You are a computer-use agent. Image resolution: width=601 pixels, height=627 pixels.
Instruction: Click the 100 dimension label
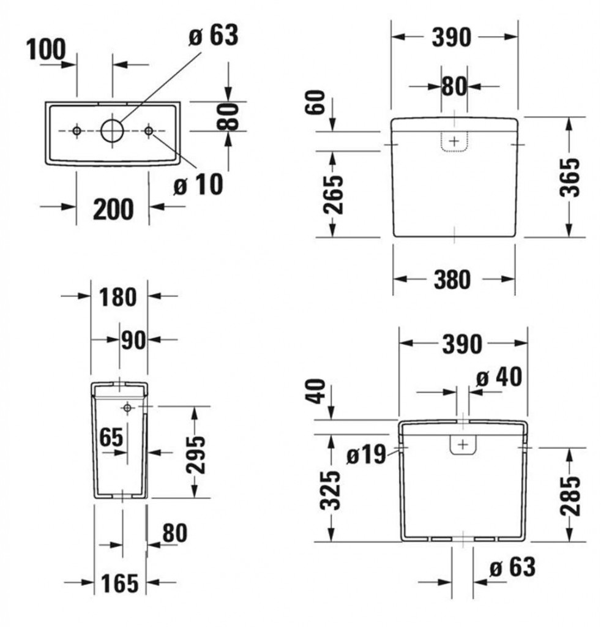pyautogui.click(x=46, y=50)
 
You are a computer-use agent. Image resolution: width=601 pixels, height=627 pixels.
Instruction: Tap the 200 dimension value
pyautogui.click(x=113, y=209)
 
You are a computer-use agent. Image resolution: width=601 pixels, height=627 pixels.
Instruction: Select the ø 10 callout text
pyautogui.click(x=199, y=184)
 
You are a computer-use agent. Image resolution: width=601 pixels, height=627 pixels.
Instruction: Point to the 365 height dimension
pyautogui.click(x=569, y=177)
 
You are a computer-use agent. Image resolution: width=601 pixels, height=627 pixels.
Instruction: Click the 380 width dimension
pyautogui.click(x=452, y=279)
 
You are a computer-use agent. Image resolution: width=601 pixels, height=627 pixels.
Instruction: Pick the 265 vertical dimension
pyautogui.click(x=333, y=195)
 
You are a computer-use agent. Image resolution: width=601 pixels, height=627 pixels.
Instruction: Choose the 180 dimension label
pyautogui.click(x=118, y=297)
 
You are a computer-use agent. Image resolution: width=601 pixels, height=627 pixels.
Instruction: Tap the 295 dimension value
pyautogui.click(x=196, y=455)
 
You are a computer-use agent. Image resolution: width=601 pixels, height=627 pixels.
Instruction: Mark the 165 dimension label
pyautogui.click(x=119, y=583)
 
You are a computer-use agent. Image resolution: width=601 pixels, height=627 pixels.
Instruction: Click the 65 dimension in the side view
pyautogui.click(x=111, y=437)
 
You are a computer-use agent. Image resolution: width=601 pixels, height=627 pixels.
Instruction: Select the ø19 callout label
pyautogui.click(x=366, y=455)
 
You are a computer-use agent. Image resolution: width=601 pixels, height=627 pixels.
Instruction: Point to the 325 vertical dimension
pyautogui.click(x=330, y=490)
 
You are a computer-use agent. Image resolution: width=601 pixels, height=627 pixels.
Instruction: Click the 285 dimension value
pyautogui.click(x=570, y=495)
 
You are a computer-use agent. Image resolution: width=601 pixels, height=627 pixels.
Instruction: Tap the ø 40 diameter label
pyautogui.click(x=499, y=377)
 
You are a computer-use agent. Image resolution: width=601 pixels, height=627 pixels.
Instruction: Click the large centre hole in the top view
pyautogui.click(x=112, y=130)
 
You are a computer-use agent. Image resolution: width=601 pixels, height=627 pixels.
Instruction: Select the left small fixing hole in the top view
pyautogui.click(x=77, y=131)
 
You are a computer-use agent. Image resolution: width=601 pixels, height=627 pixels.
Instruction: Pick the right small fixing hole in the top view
pyautogui.click(x=149, y=131)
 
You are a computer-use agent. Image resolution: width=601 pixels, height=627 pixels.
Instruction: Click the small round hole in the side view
pyautogui.click(x=127, y=407)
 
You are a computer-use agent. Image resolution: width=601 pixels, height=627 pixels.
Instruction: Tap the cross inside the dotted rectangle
pyautogui.click(x=454, y=141)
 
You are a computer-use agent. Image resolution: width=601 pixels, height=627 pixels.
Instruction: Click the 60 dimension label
pyautogui.click(x=316, y=102)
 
